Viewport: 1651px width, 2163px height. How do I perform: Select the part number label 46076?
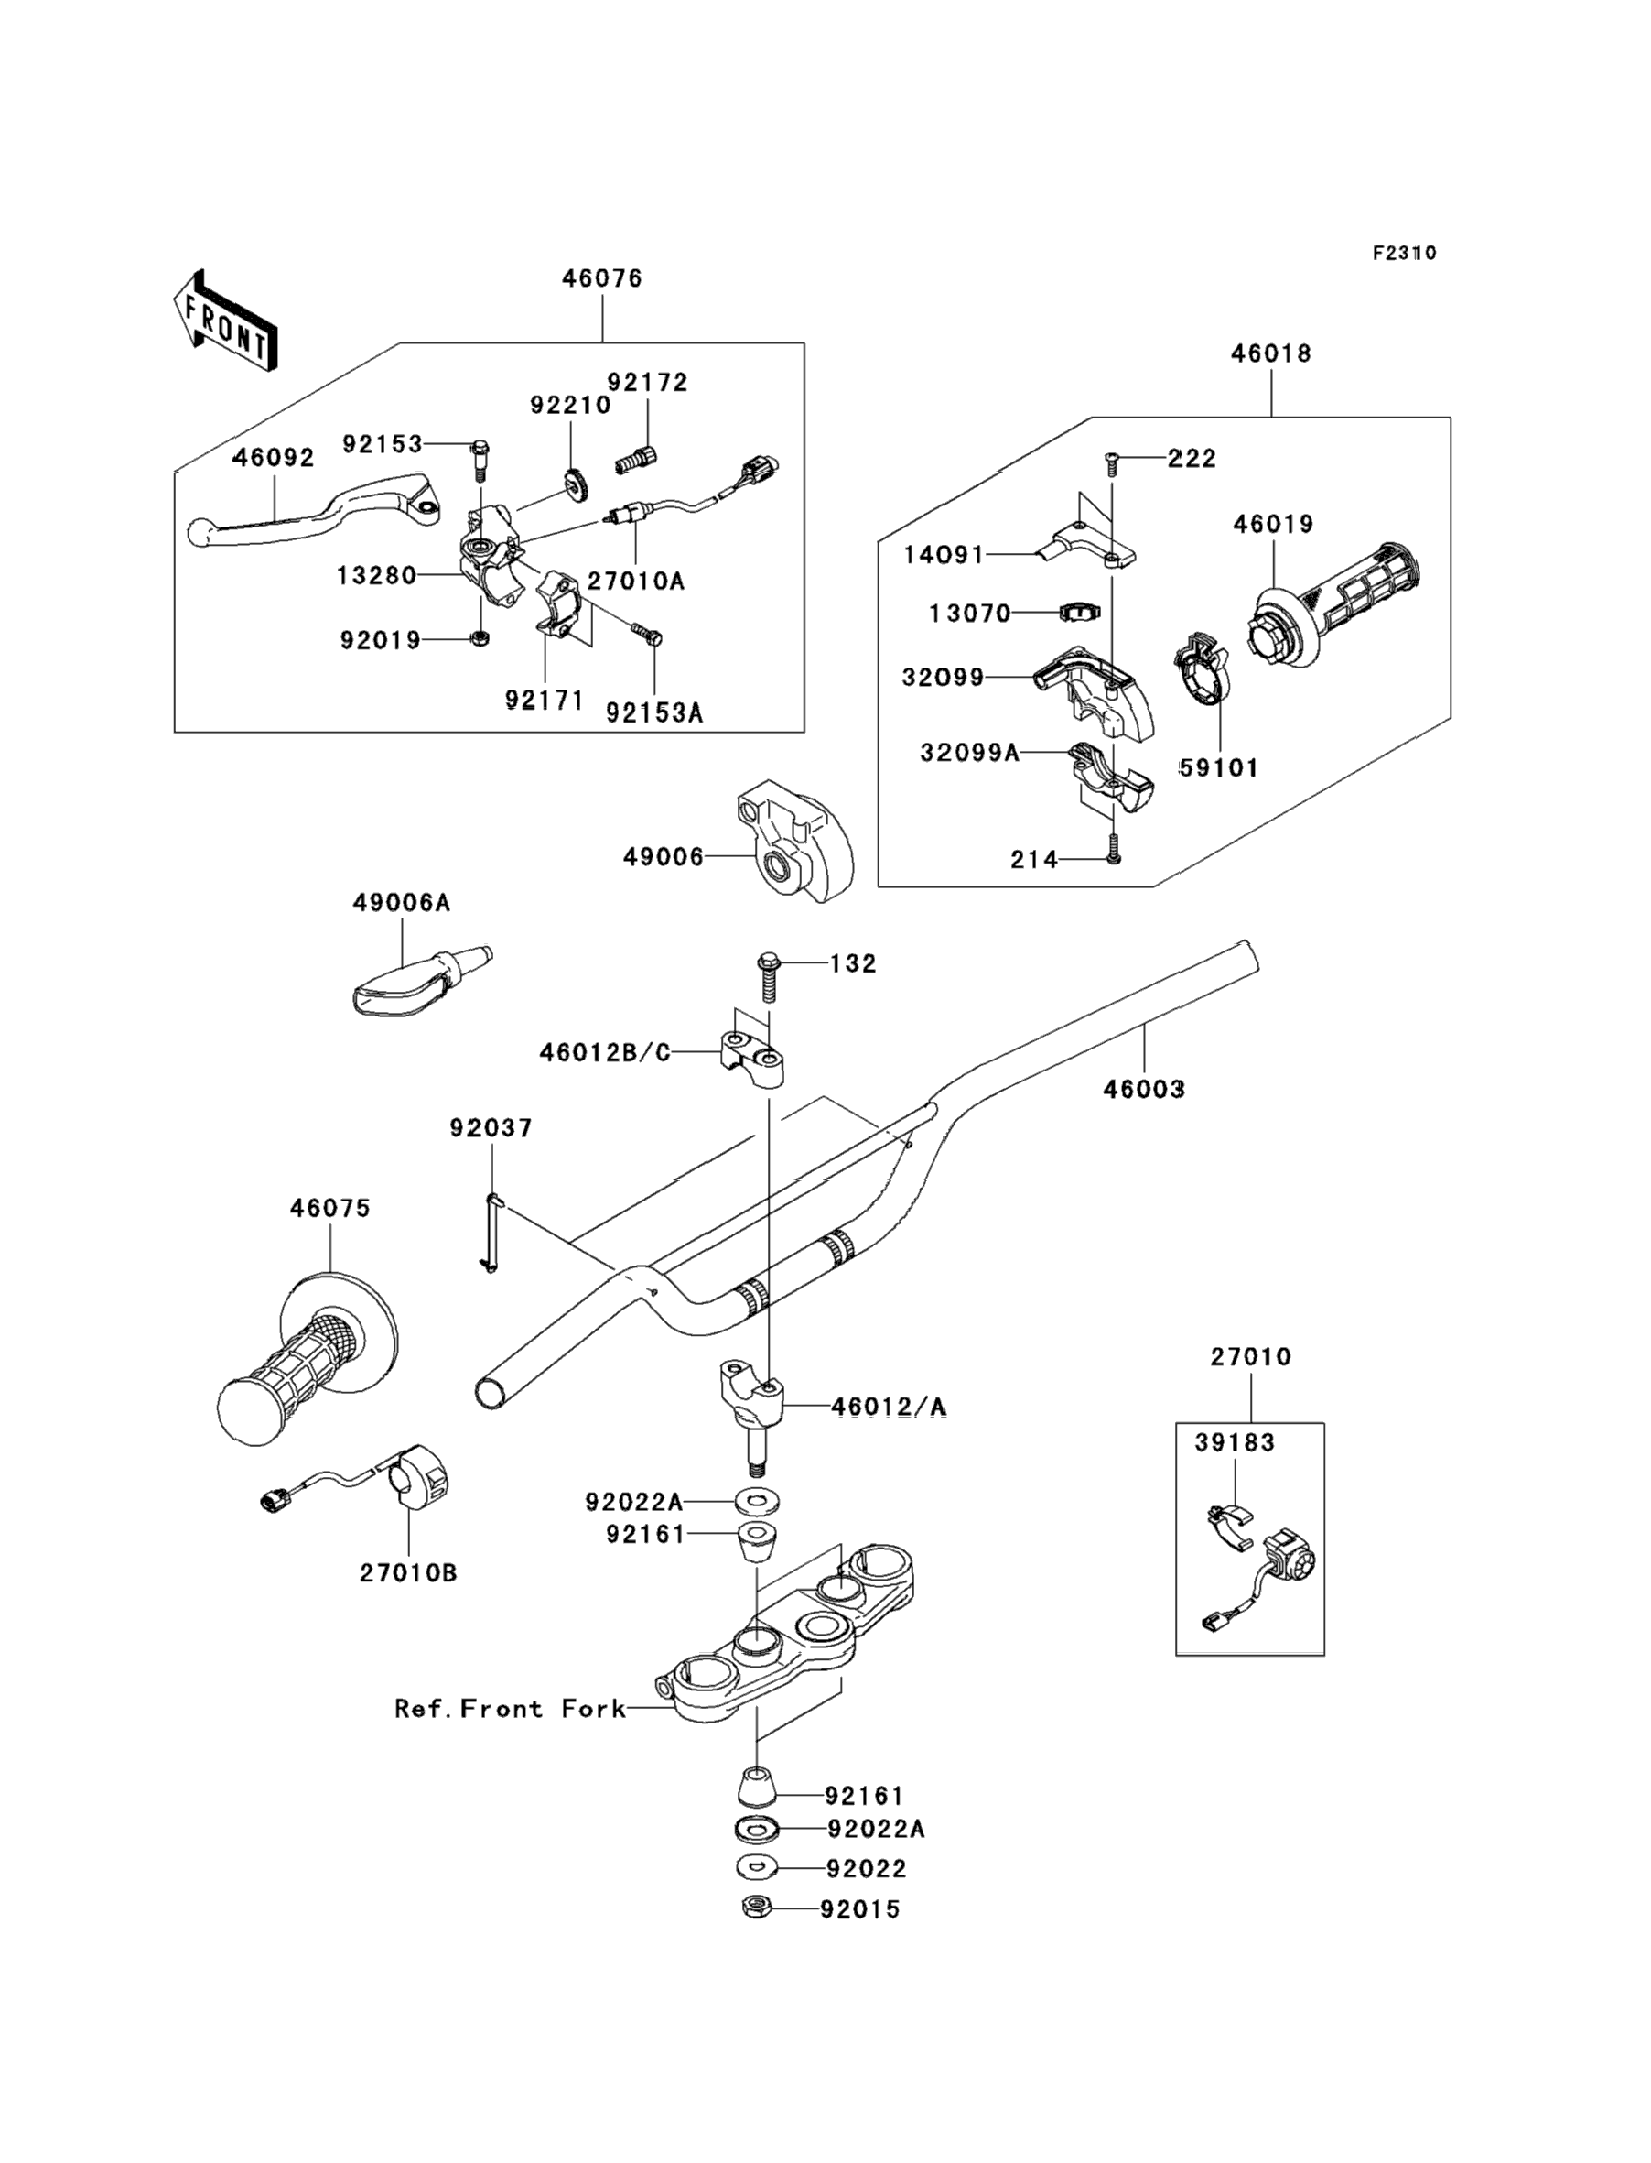click(601, 279)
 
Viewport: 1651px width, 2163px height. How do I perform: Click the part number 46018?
click(1270, 354)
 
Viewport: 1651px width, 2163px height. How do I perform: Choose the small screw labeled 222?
click(1111, 459)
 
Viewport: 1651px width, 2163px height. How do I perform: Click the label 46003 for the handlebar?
click(1144, 1090)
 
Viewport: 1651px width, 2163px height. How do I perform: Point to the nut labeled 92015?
click(755, 1908)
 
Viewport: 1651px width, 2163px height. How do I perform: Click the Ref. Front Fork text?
click(510, 1709)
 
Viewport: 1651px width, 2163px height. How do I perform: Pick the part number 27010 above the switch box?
click(1250, 1358)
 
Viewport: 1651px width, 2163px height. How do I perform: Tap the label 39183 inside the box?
click(1236, 1442)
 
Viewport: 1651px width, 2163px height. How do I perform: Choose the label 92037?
click(491, 1129)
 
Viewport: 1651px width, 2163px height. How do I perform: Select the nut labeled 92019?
click(480, 639)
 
